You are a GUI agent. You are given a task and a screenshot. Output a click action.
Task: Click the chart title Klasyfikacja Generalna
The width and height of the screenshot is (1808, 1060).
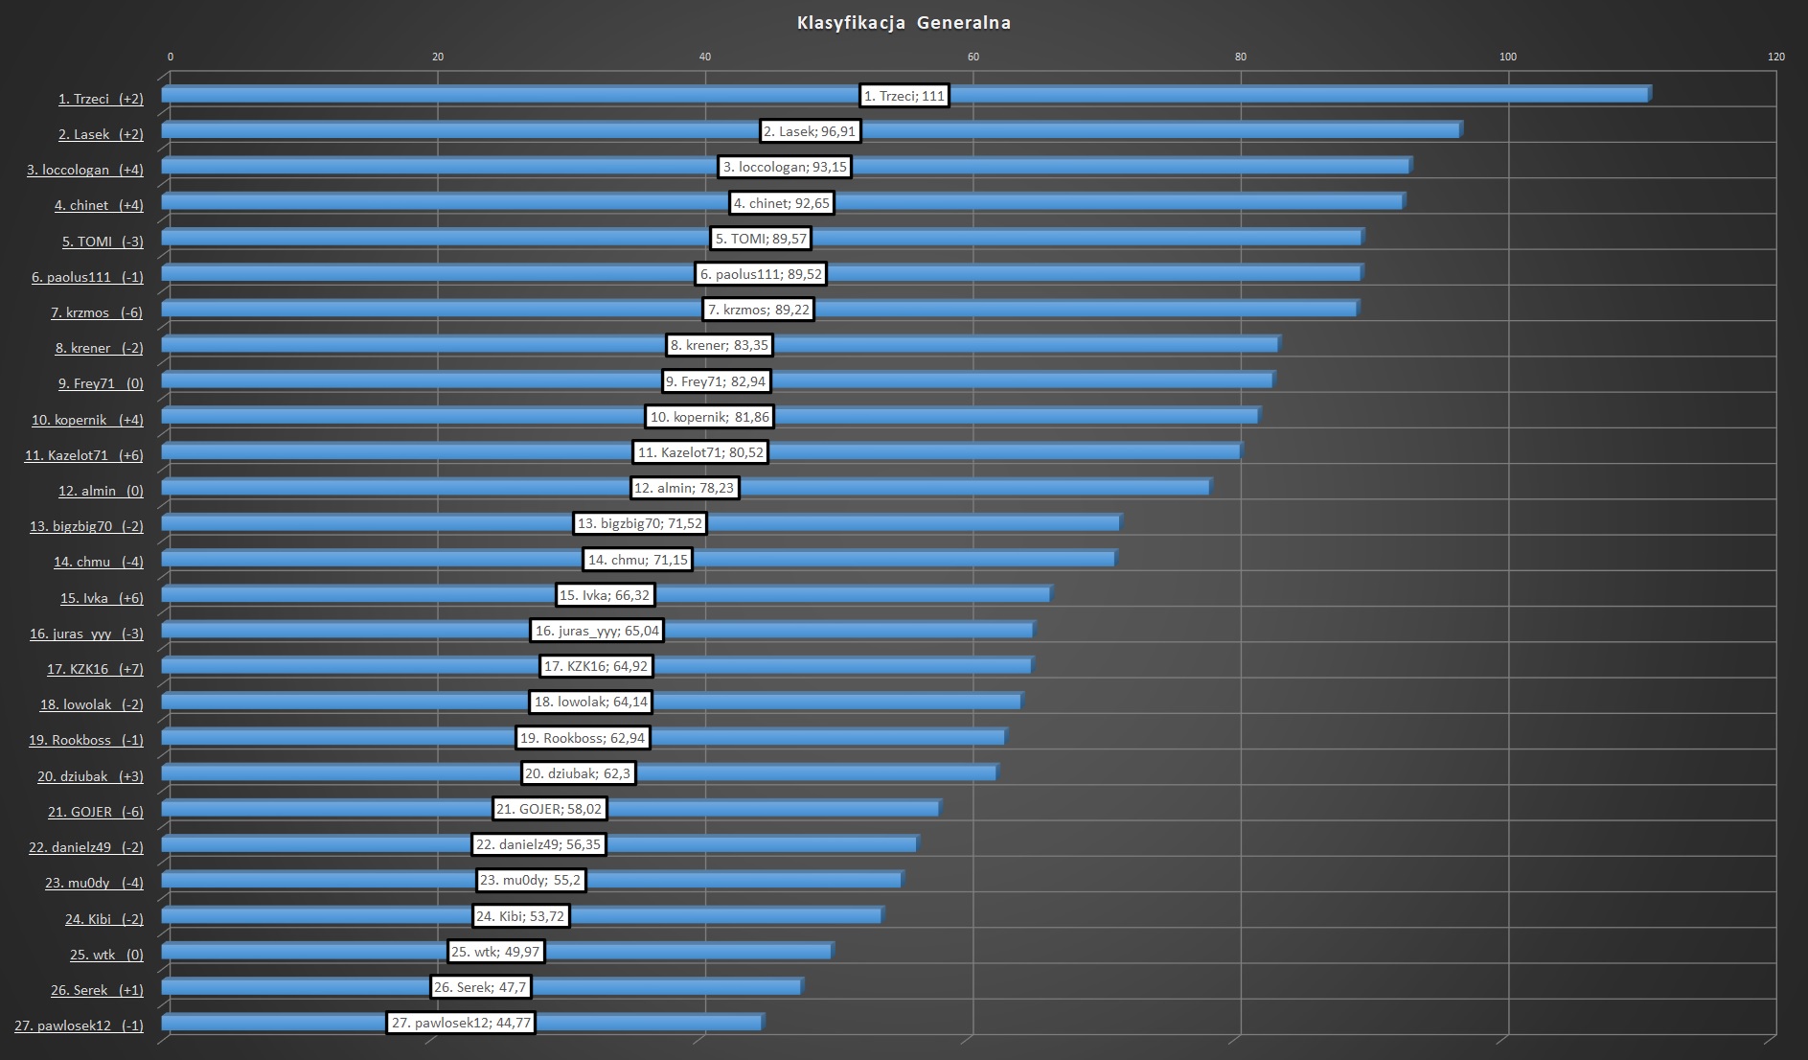(904, 23)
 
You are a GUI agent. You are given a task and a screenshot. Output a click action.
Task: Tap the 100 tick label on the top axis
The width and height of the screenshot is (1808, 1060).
(1507, 57)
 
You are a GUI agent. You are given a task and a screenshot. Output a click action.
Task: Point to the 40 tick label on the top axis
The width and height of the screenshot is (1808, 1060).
(705, 57)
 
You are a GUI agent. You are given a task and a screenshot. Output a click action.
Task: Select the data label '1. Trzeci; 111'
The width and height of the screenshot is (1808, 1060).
(904, 96)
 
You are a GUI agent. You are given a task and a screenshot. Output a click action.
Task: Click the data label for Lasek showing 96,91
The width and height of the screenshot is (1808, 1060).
(810, 131)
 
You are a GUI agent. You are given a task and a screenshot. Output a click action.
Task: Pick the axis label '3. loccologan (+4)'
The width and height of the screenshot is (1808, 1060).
(85, 170)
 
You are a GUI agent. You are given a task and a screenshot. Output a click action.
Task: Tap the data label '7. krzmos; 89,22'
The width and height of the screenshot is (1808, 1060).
(758, 310)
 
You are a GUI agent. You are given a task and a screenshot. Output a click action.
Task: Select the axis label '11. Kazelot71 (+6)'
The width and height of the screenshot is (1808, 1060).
(84, 455)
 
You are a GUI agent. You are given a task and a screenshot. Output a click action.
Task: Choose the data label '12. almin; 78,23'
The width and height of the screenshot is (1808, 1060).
(684, 488)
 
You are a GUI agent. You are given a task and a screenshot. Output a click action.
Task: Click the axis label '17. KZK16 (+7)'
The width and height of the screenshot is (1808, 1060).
(95, 669)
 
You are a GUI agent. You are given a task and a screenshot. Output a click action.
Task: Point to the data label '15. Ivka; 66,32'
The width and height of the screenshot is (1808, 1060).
(605, 595)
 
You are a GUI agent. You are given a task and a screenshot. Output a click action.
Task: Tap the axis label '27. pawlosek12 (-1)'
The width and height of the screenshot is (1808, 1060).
(79, 1025)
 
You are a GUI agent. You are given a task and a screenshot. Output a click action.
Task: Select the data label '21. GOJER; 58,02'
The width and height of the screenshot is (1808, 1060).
(549, 809)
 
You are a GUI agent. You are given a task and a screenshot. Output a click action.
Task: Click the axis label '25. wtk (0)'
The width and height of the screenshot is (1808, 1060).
(106, 955)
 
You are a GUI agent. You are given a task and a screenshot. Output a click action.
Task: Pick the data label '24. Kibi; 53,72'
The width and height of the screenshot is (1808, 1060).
(520, 916)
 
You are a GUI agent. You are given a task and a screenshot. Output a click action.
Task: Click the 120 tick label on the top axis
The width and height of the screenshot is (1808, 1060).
(1775, 57)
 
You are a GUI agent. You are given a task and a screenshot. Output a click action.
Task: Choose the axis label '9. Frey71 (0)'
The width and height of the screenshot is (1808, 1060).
(101, 383)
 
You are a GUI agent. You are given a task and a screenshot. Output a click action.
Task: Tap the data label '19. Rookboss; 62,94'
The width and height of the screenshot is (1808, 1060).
(583, 738)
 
